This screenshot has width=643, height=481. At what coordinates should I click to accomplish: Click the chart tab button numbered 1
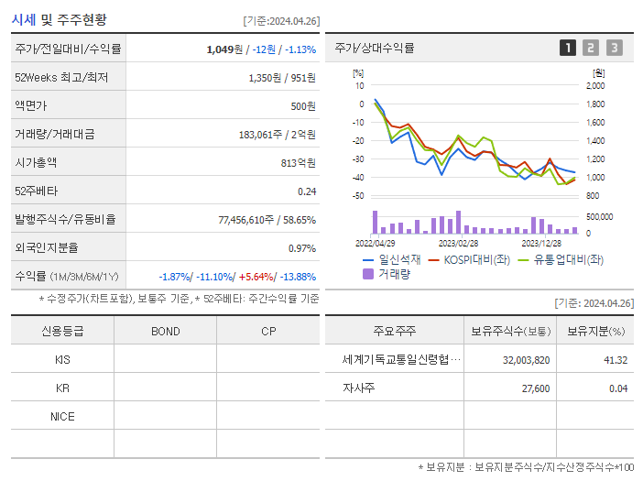click(568, 48)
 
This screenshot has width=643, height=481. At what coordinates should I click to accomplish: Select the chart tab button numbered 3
click(614, 48)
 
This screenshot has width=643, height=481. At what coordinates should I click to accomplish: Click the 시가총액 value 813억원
click(300, 163)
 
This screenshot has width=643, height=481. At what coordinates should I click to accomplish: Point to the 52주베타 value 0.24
click(307, 191)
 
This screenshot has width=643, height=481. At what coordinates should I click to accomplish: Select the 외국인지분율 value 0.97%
click(301, 248)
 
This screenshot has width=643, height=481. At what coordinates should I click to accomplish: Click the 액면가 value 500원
click(300, 106)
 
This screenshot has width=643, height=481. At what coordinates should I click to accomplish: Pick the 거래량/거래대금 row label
click(55, 135)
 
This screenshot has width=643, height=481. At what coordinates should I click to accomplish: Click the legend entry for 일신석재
click(393, 259)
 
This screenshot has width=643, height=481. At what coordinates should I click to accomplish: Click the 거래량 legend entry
click(393, 273)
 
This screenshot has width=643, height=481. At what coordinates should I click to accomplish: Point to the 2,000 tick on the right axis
click(594, 85)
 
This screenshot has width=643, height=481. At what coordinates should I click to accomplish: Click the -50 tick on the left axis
click(358, 196)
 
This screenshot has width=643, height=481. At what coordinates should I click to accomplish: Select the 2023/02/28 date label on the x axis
click(458, 243)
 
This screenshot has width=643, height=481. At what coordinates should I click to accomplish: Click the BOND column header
click(165, 331)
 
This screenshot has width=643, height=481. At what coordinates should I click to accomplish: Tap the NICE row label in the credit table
click(62, 417)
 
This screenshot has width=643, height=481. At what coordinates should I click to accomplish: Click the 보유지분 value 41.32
click(616, 360)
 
